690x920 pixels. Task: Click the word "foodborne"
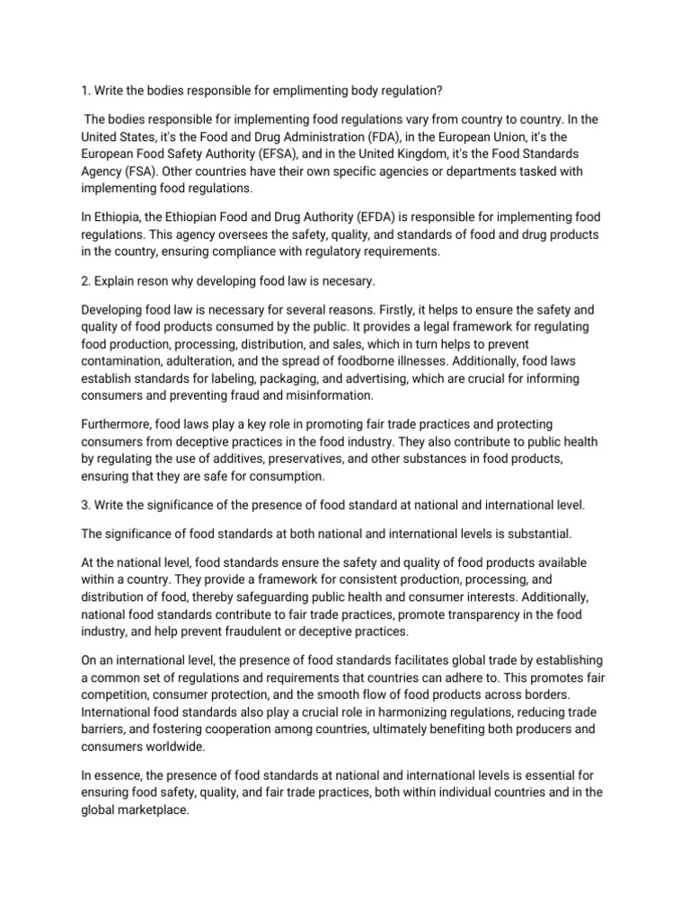[x=369, y=361]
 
